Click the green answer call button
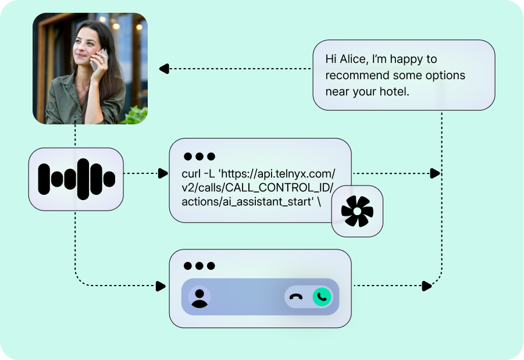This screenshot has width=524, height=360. pyautogui.click(x=322, y=297)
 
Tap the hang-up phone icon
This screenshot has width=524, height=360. pyautogui.click(x=296, y=297)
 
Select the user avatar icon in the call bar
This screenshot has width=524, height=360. pyautogui.click(x=199, y=298)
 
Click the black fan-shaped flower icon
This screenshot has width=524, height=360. pyautogui.click(x=357, y=211)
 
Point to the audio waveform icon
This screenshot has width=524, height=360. pyautogui.click(x=77, y=179)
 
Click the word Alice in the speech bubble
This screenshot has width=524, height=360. pyautogui.click(x=354, y=59)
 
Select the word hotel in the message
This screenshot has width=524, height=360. pyautogui.click(x=394, y=91)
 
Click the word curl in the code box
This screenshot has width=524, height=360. pyautogui.click(x=191, y=174)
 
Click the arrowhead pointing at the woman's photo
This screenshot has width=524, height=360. pyautogui.click(x=164, y=69)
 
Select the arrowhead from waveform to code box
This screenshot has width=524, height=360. pyautogui.click(x=163, y=173)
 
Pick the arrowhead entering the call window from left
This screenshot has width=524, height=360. pyautogui.click(x=161, y=286)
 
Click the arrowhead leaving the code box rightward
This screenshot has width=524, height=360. pyautogui.click(x=435, y=173)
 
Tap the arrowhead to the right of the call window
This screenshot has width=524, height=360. pyautogui.click(x=427, y=286)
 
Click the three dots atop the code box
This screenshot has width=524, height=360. pyautogui.click(x=199, y=156)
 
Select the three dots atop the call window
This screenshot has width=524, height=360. pyautogui.click(x=199, y=266)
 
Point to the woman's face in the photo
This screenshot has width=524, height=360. pyautogui.click(x=86, y=46)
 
